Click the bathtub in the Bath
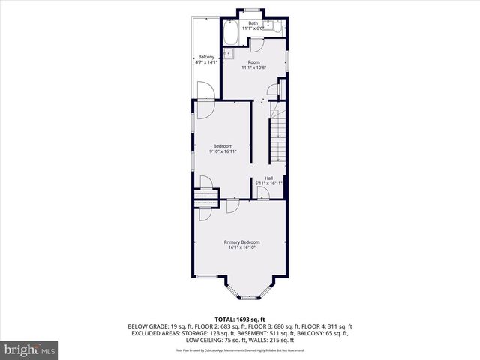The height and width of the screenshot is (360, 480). click(x=229, y=32)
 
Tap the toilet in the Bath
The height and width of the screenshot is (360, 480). click(x=277, y=28)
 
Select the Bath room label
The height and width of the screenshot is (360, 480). click(x=253, y=23)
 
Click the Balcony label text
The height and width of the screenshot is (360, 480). click(x=206, y=56)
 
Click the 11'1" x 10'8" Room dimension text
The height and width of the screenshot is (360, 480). click(x=253, y=67)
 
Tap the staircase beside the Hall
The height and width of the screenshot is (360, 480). click(x=278, y=135)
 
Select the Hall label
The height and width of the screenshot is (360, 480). click(x=268, y=178)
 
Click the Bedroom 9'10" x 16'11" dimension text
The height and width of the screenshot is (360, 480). click(x=223, y=151)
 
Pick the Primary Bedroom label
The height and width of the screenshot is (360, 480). click(x=242, y=241)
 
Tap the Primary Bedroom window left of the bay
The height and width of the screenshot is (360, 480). click(x=207, y=277)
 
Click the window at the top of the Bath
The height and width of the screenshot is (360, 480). click(x=252, y=10)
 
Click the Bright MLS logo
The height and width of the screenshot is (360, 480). click(x=30, y=349)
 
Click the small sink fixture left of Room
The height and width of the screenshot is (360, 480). click(x=229, y=53)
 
